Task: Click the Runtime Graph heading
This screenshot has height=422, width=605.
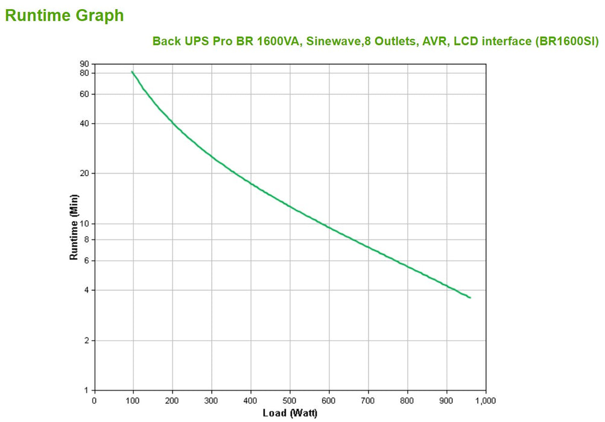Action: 64,16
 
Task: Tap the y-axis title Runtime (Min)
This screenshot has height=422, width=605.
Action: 74,227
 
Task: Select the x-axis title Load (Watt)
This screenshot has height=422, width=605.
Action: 290,413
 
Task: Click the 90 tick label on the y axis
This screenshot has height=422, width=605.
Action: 84,64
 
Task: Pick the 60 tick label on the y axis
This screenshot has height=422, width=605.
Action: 84,94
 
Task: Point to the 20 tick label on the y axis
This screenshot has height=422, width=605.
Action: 84,174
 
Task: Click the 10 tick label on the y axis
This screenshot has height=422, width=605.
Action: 84,224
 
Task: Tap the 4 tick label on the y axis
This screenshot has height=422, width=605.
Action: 86,290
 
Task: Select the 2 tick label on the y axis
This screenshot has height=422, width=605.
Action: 86,341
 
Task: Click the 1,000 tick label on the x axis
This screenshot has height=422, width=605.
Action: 486,400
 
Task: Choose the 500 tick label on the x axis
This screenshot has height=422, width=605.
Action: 290,400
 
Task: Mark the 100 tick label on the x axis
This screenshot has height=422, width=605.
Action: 133,400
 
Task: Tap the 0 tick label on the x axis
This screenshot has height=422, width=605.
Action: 94,400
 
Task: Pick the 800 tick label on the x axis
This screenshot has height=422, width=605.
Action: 408,400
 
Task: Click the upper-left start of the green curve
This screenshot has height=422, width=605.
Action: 132,72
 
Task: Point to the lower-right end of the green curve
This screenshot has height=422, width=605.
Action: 470,297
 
